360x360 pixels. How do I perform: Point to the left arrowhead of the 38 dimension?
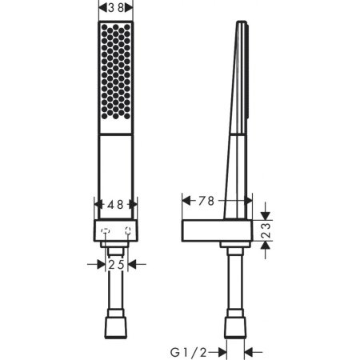[x=101, y=7]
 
